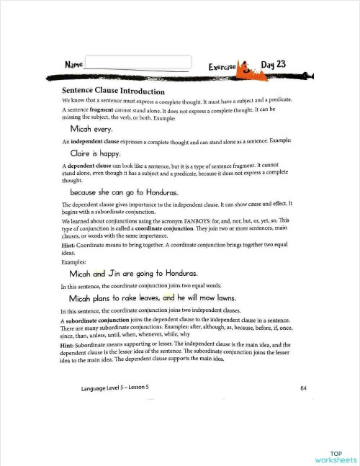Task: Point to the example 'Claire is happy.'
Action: (x=99, y=153)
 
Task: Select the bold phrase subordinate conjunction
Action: (x=103, y=320)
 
